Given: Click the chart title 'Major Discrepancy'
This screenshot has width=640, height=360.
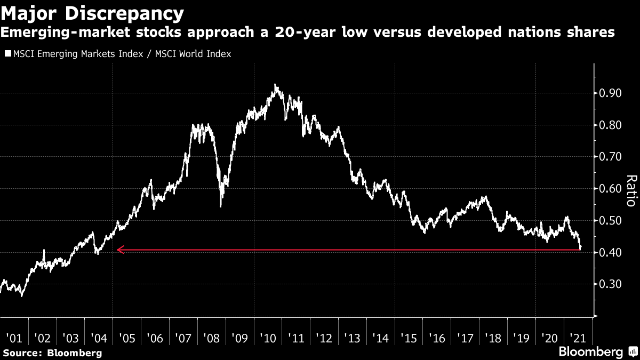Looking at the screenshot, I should coord(92,12).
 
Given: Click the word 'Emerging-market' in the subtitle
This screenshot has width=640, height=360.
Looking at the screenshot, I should coord(68,33).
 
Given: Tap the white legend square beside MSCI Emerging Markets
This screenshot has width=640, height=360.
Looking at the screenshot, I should coord(7,54).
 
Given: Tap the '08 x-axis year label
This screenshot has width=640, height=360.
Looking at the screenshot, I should coord(211,338).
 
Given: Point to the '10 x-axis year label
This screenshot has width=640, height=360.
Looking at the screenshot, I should coord(268,338).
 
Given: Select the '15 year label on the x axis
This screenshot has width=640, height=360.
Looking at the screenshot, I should coord(409,338).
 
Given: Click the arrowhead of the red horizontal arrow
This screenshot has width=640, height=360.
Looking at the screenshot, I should coord(119,249).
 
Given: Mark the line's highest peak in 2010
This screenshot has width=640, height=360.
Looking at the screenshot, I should coord(275,85).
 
